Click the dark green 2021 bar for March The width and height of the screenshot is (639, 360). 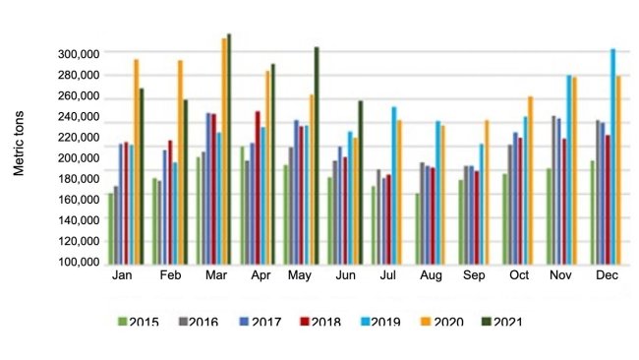click(229, 149)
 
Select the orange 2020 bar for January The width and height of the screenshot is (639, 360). click(136, 161)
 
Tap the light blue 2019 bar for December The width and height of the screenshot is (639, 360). click(612, 156)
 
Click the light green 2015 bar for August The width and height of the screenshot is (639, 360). click(418, 228)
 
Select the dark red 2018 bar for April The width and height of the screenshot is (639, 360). click(258, 187)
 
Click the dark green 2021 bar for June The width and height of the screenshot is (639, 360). click(360, 182)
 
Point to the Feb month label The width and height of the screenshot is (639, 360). click(170, 277)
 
